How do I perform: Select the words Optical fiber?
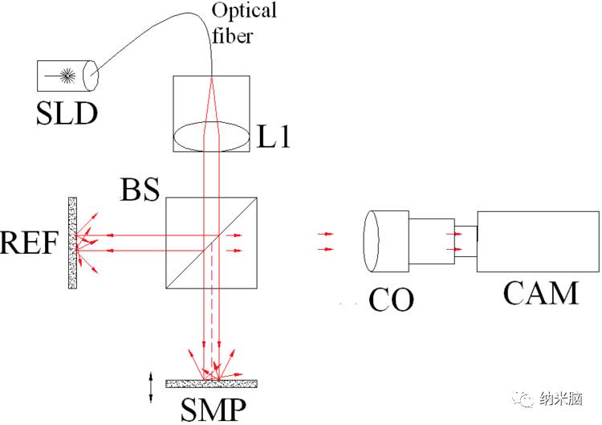[243, 22]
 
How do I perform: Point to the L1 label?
[273, 136]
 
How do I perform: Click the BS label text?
[140, 190]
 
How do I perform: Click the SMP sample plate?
[212, 383]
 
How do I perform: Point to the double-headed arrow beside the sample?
[150, 387]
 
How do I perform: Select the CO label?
[391, 300]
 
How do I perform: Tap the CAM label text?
[540, 293]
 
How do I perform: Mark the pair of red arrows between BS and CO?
[325, 242]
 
